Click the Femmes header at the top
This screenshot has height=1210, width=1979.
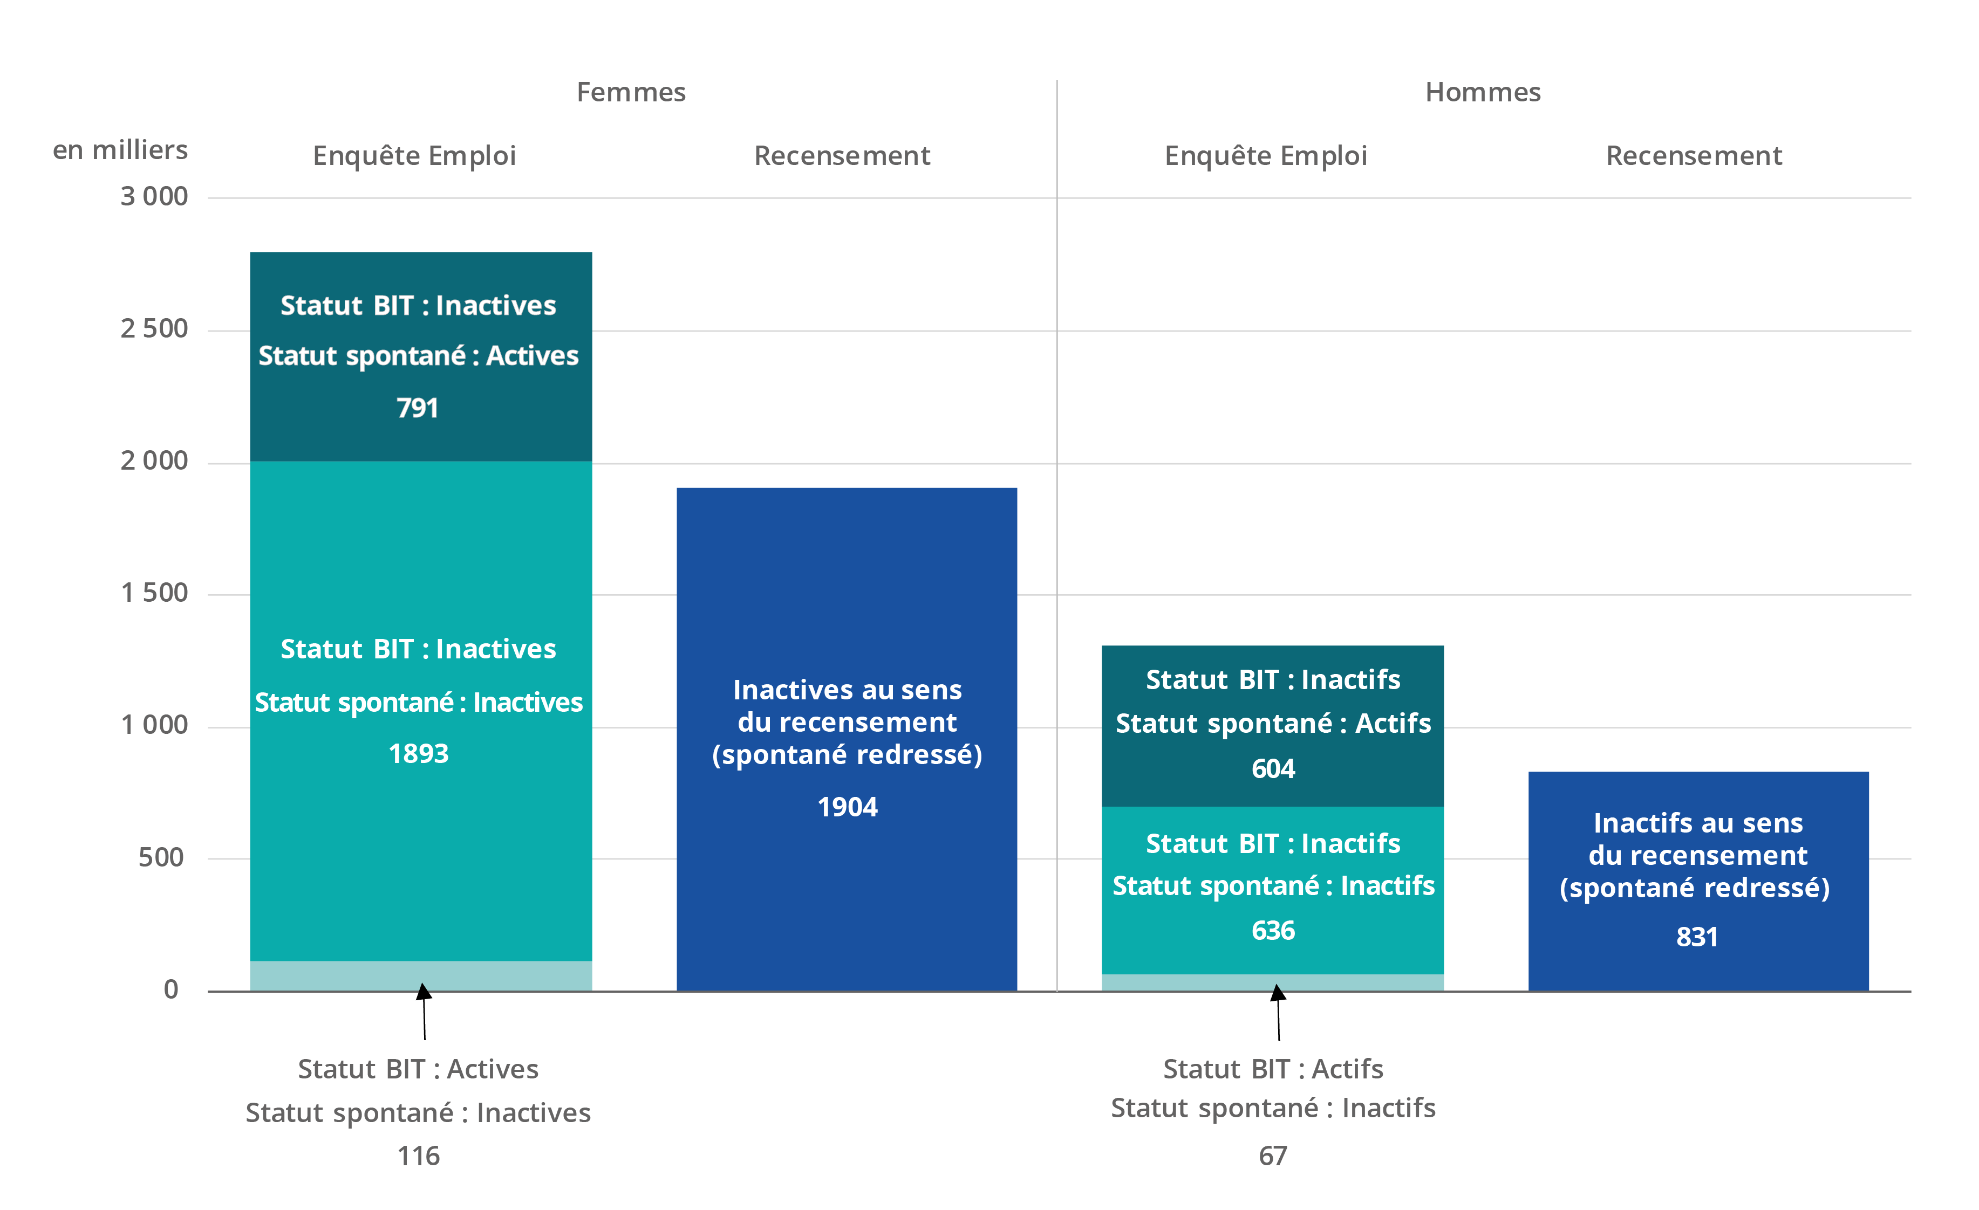click(631, 92)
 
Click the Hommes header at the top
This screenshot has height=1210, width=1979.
click(1483, 92)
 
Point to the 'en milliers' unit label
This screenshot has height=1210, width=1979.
click(120, 150)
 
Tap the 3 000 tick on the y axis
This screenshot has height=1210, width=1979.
click(154, 197)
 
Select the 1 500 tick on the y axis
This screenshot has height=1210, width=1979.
click(154, 593)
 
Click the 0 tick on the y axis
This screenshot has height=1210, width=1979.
click(171, 990)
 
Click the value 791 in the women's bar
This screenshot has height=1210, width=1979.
click(418, 408)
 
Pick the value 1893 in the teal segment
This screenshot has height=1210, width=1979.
click(419, 754)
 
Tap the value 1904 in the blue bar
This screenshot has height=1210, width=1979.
click(848, 807)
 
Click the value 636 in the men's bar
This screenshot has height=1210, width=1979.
click(1273, 931)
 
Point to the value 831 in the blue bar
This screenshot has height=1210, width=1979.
click(1697, 937)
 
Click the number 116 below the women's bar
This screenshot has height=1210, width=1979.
click(419, 1156)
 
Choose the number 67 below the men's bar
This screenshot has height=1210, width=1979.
click(1273, 1156)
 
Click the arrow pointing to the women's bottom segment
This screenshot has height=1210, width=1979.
click(424, 1012)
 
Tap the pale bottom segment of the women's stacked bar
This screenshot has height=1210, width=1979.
click(421, 975)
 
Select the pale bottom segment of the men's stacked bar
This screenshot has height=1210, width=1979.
click(1272, 983)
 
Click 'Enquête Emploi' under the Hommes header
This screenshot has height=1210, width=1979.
click(1266, 156)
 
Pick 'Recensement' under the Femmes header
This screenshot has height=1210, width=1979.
click(842, 156)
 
